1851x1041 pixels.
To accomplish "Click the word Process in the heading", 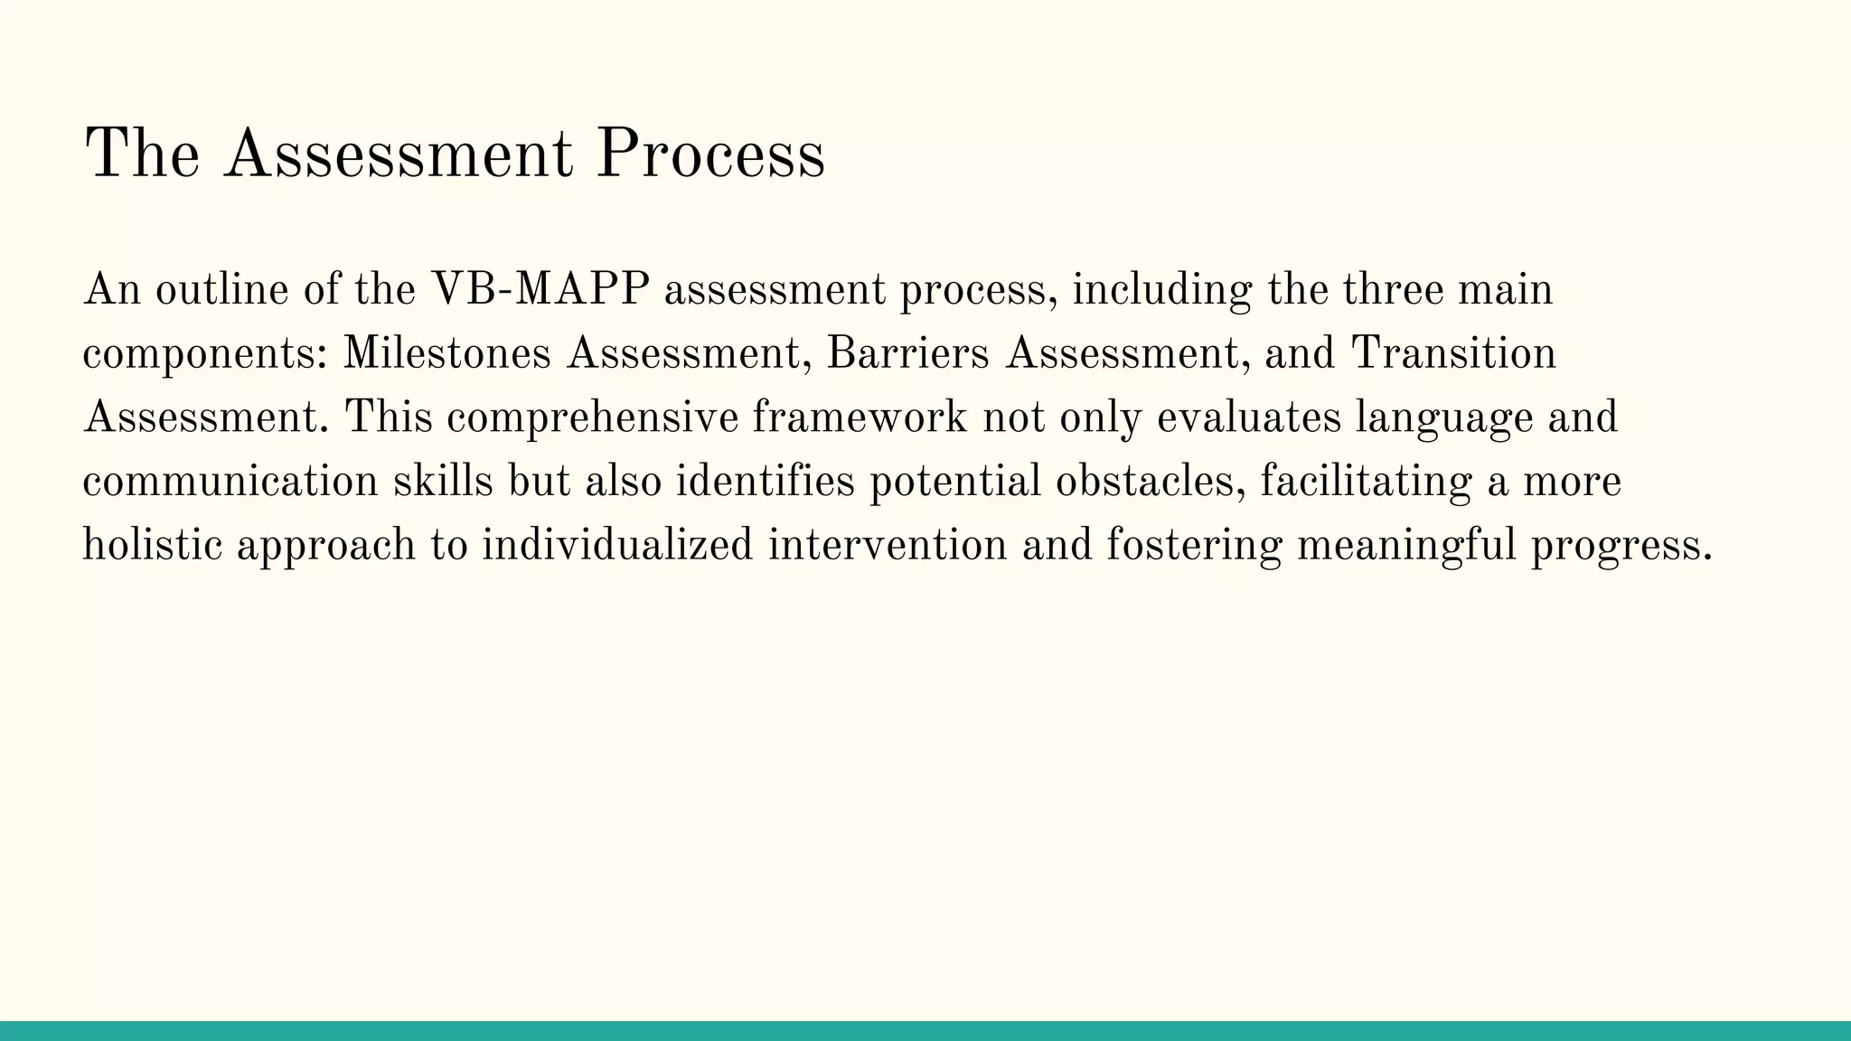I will pyautogui.click(x=710, y=154).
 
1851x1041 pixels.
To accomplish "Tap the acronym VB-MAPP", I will pyautogui.click(x=540, y=290).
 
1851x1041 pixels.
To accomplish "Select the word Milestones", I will pyautogui.click(x=446, y=353).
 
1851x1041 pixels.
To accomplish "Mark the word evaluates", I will pyautogui.click(x=1248, y=417).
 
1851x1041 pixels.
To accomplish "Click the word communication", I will pyautogui.click(x=230, y=481).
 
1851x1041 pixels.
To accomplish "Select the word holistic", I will pyautogui.click(x=152, y=545).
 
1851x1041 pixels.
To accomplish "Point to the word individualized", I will pyautogui.click(x=616, y=545).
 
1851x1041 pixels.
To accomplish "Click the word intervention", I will pyautogui.click(x=887, y=545).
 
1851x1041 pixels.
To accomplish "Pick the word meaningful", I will pyautogui.click(x=1406, y=545).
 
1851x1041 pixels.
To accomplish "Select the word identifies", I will pyautogui.click(x=765, y=481).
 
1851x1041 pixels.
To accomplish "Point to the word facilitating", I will pyautogui.click(x=1366, y=481).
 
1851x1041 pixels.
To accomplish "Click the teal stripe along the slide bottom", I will pyautogui.click(x=925, y=1031).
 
